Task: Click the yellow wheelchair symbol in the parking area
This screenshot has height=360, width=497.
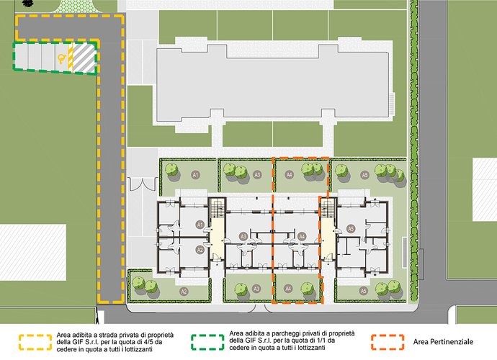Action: click(61, 58)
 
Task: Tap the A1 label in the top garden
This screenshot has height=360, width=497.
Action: click(196, 175)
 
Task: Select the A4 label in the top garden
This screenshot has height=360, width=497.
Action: click(289, 174)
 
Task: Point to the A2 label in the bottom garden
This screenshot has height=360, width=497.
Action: click(184, 291)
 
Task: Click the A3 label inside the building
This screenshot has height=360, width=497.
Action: click(243, 236)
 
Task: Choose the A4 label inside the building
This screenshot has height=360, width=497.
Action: click(302, 236)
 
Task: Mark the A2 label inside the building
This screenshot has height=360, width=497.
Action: click(200, 250)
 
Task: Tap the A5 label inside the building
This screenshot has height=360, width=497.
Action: click(350, 228)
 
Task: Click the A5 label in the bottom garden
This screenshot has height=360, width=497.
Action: click(363, 291)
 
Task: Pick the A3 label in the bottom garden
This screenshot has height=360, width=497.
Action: click(256, 289)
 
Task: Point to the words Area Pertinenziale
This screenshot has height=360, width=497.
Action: click(443, 342)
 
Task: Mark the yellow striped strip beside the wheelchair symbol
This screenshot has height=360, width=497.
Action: click(71, 58)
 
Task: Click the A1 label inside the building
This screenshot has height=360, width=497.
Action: click(200, 225)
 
